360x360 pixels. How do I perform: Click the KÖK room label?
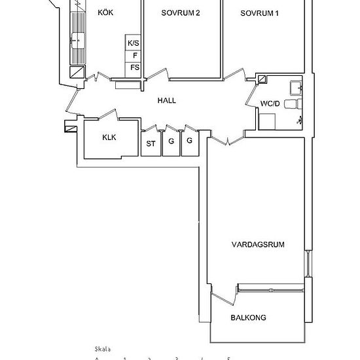coord(104,12)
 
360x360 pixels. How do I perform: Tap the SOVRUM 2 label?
coord(180,12)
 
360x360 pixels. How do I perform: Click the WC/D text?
coord(270,104)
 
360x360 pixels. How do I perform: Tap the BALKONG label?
coord(248,318)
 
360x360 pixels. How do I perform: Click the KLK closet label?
coord(109,137)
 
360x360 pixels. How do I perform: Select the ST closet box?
coord(151,143)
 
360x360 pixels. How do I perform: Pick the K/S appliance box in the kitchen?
coord(134,43)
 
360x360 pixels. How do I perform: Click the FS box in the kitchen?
coord(134,67)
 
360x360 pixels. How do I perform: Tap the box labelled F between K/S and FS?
coord(134,56)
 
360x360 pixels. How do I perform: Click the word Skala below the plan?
coord(103,349)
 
